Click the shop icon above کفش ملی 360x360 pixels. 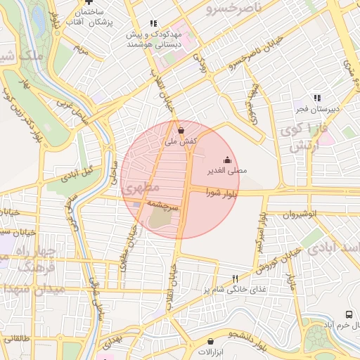[181, 130]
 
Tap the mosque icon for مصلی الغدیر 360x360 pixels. [226, 159]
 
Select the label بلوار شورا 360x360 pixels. [222, 192]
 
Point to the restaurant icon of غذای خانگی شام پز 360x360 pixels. [236, 278]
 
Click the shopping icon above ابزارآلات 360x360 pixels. [209, 340]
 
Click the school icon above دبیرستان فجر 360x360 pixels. [317, 98]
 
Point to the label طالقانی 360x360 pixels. [15, 339]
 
